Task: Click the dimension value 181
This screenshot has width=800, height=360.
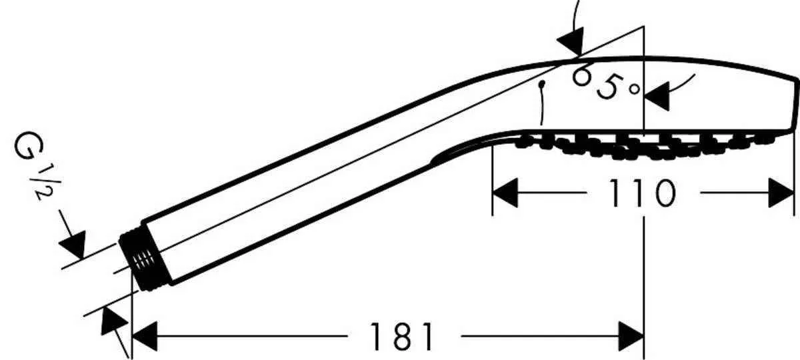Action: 401,336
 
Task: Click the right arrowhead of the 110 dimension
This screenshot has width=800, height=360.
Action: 781,193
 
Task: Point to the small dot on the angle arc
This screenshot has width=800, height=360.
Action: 543,85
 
